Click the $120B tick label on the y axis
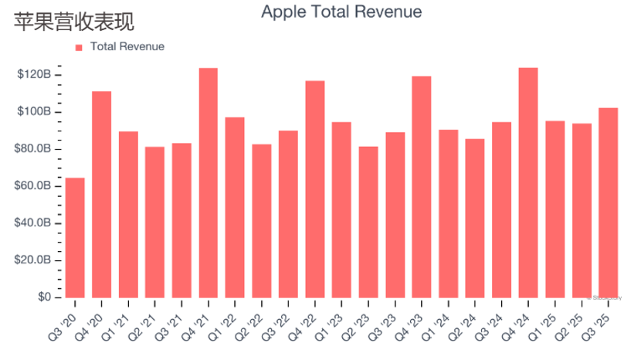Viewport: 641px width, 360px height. point(34,75)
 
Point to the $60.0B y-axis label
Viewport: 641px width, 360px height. point(34,186)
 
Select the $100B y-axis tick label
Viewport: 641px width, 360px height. point(34,112)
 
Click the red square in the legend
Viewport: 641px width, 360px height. point(79,47)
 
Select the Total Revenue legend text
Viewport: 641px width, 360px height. point(127,46)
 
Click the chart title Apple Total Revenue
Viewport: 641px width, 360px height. point(341,12)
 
